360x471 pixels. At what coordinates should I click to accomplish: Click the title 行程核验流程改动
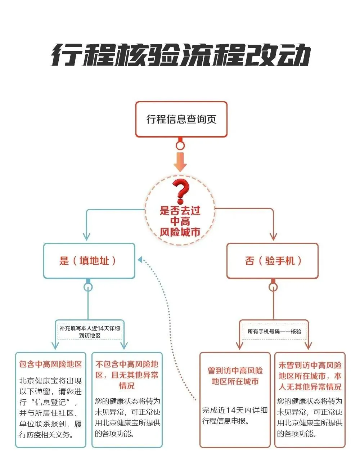click(181, 55)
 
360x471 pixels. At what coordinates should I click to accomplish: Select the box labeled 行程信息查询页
click(181, 119)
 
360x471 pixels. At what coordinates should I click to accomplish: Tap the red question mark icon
click(181, 192)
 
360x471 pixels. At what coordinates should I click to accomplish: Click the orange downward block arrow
click(180, 162)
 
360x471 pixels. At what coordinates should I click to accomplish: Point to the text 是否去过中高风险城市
click(180, 221)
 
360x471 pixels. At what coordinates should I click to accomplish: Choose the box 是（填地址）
click(89, 261)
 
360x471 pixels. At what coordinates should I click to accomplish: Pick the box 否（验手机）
click(273, 261)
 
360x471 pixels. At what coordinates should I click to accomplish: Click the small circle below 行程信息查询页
click(180, 145)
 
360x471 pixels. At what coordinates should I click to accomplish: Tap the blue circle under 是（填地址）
click(88, 287)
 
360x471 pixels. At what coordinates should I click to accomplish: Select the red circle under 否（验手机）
click(273, 287)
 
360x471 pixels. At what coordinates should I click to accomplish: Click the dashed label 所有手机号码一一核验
click(274, 332)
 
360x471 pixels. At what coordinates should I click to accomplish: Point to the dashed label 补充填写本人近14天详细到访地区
click(90, 332)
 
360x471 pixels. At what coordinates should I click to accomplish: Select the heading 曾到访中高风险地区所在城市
click(235, 376)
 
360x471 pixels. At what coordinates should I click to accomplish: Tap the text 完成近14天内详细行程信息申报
click(235, 416)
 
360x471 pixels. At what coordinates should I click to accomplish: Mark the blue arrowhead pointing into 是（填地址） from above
click(87, 237)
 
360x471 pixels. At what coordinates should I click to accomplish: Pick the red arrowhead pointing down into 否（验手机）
click(273, 237)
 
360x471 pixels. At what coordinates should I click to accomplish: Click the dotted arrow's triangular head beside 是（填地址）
click(140, 260)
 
